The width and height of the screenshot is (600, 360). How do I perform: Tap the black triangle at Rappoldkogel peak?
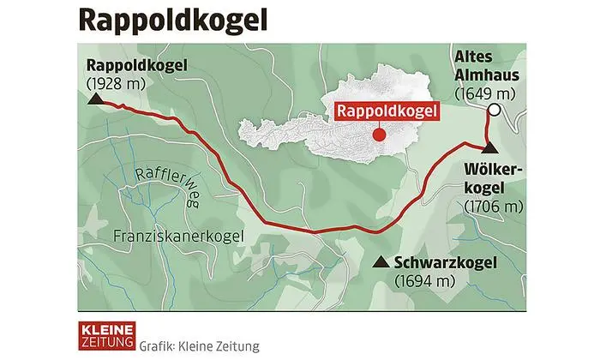click(x=96, y=99)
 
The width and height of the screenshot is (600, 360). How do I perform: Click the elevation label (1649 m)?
click(x=484, y=93)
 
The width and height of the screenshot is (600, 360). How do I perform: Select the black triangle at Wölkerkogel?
click(x=488, y=149)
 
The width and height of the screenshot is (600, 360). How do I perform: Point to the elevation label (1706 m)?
click(x=493, y=207)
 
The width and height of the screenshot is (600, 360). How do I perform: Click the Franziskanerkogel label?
click(x=178, y=235)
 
